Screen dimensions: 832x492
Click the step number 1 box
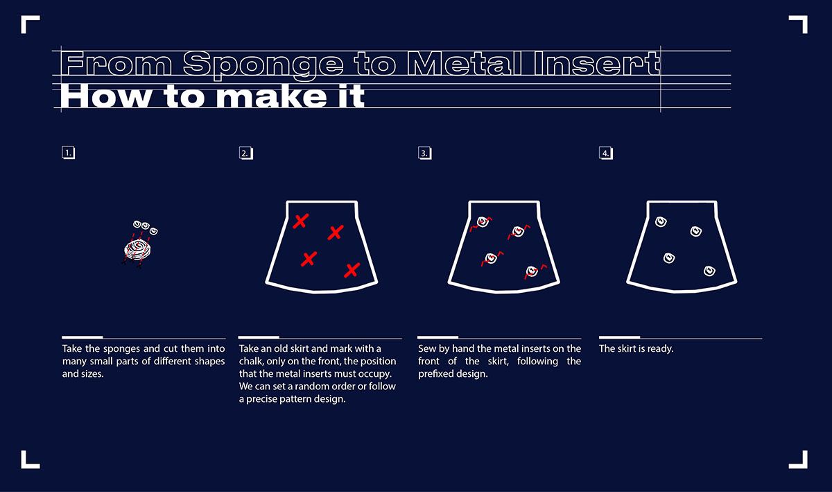[x=69, y=153]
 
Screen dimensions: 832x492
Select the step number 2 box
[x=246, y=153]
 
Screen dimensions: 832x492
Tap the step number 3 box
[x=425, y=153]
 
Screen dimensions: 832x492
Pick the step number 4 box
[x=606, y=153]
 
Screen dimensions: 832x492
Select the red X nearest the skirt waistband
[x=300, y=221]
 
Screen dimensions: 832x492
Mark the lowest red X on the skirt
[x=352, y=271]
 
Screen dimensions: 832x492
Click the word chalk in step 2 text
[x=251, y=361]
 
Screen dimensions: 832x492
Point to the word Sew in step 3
[x=427, y=349]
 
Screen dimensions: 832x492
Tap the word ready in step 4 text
[x=660, y=349]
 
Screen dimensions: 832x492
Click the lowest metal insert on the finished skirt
[x=709, y=271]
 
